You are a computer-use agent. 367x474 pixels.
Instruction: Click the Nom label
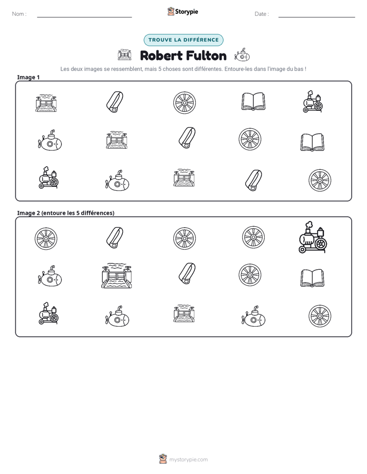point(19,14)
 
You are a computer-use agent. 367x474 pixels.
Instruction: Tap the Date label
point(262,14)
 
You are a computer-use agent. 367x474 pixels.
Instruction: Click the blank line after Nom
point(84,17)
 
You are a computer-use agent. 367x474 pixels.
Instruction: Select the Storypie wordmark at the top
point(187,11)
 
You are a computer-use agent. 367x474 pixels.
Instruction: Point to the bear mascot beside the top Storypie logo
point(171,11)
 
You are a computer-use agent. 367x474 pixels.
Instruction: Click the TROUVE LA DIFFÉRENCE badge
point(183,40)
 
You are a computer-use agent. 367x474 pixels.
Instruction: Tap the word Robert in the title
point(161,55)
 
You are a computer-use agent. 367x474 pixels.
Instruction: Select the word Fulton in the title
point(206,55)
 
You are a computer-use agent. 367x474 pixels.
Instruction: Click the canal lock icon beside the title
point(124,55)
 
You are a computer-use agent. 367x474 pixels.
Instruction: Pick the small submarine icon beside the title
point(242,55)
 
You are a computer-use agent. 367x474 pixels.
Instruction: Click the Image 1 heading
point(28,77)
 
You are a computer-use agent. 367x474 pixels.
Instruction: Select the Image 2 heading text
point(66,213)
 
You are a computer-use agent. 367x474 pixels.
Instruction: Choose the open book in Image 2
point(312,278)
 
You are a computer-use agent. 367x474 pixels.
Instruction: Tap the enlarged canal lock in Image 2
point(117,275)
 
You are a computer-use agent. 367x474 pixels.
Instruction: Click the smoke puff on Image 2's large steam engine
point(309,225)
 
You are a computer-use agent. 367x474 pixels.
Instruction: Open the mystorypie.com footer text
point(188,460)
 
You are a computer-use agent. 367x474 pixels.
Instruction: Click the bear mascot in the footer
point(163,459)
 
